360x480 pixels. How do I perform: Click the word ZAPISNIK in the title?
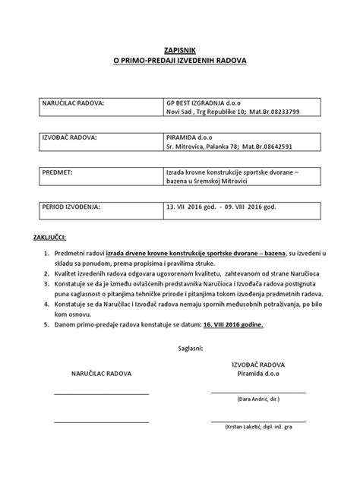point(179,48)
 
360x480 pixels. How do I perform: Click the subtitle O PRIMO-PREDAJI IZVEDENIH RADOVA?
point(179,59)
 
